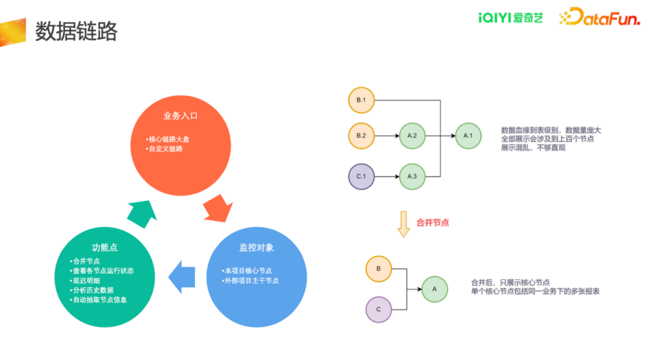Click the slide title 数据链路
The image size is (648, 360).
click(76, 31)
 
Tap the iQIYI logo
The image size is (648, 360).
click(511, 18)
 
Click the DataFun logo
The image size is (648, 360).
click(599, 17)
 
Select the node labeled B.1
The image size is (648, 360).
click(361, 100)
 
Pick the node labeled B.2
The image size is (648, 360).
click(361, 136)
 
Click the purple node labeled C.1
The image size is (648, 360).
click(361, 176)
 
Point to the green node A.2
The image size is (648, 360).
click(412, 136)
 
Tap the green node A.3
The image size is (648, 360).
click(412, 176)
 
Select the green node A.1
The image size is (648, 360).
click(468, 136)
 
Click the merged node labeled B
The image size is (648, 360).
click(379, 269)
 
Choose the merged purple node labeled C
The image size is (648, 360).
click(379, 310)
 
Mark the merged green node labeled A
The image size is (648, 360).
click(434, 289)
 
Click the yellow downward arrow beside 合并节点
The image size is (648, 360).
click(404, 224)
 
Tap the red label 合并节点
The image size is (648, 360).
click(432, 223)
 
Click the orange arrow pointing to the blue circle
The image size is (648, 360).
click(218, 209)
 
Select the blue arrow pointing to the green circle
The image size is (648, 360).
click(181, 277)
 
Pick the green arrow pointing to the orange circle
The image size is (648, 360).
click(142, 214)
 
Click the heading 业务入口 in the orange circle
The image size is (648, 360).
click(180, 116)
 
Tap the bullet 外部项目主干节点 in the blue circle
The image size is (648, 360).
click(250, 281)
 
